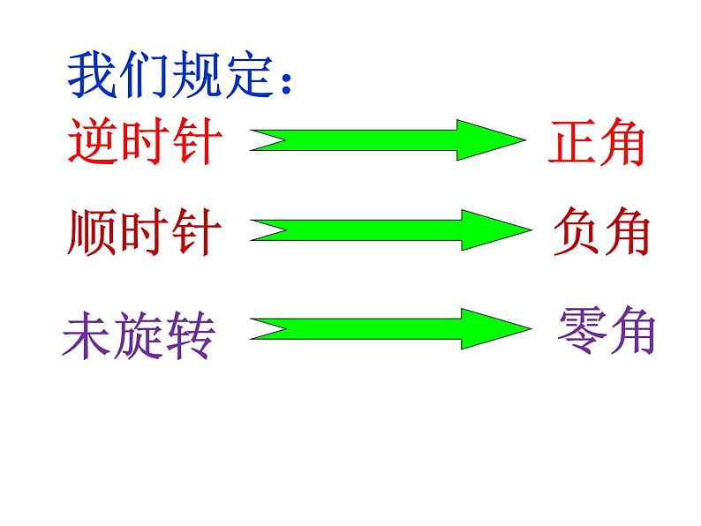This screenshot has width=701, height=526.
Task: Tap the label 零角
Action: [x=607, y=330]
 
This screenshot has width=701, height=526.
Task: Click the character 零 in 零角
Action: [x=583, y=330]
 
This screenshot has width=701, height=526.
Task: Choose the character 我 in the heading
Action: [x=92, y=77]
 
